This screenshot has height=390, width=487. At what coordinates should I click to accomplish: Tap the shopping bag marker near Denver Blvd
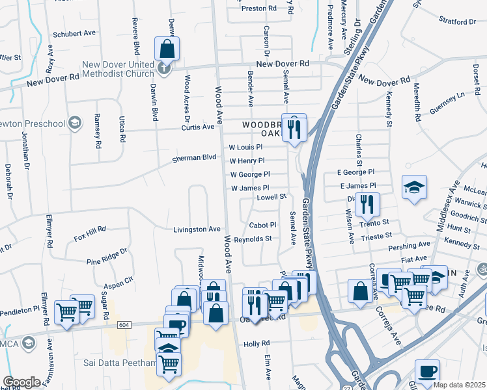(x=167, y=48)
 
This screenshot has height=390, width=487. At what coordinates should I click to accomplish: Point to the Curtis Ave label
(x=198, y=127)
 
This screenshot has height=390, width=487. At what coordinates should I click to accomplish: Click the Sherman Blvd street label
(x=193, y=158)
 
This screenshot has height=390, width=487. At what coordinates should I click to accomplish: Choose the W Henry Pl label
(x=247, y=161)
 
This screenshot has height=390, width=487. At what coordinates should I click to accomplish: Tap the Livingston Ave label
(x=197, y=229)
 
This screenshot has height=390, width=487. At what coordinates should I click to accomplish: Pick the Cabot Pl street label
(x=264, y=225)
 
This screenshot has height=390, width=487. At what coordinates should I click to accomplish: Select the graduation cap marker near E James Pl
(x=414, y=188)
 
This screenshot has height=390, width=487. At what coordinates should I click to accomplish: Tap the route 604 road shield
(x=124, y=324)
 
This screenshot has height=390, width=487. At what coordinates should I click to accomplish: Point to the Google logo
(x=22, y=382)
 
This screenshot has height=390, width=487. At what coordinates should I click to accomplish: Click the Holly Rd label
(x=257, y=343)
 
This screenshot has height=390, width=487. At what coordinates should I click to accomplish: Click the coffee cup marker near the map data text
(x=427, y=371)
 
